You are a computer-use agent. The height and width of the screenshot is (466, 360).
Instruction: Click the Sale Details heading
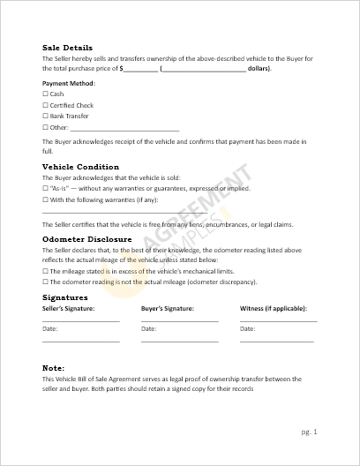tap(67, 48)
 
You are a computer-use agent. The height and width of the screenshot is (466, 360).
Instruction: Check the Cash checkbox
tap(45, 94)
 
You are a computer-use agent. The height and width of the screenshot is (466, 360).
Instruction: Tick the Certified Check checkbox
tap(45, 105)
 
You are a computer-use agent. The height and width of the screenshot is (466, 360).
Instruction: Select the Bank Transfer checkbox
tap(45, 116)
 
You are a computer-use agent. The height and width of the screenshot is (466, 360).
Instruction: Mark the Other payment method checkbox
tap(45, 128)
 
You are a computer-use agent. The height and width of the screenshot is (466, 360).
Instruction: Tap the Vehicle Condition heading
tap(80, 167)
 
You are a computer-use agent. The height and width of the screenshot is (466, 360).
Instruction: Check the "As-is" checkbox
tap(45, 188)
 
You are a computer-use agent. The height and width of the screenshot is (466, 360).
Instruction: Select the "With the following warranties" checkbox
tap(45, 199)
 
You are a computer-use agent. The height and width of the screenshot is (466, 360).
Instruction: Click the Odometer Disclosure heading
tap(86, 239)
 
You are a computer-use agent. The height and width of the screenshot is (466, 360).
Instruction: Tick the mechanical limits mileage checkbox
tap(45, 271)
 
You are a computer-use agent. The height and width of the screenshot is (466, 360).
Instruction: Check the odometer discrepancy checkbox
tap(45, 282)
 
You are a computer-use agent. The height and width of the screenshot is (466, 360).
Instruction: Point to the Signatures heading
tap(64, 297)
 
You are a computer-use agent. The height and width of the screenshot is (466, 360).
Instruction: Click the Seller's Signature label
tap(69, 309)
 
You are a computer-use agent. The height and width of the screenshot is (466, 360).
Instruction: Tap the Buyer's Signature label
tap(167, 309)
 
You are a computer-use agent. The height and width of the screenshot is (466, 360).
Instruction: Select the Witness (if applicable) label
tap(269, 309)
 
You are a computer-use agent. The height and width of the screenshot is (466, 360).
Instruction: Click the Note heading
tap(53, 366)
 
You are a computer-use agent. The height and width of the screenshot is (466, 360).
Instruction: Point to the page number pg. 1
tap(308, 432)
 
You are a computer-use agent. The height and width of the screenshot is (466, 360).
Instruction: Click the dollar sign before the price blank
tap(121, 68)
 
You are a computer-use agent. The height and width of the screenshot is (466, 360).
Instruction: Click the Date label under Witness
tap(248, 328)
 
